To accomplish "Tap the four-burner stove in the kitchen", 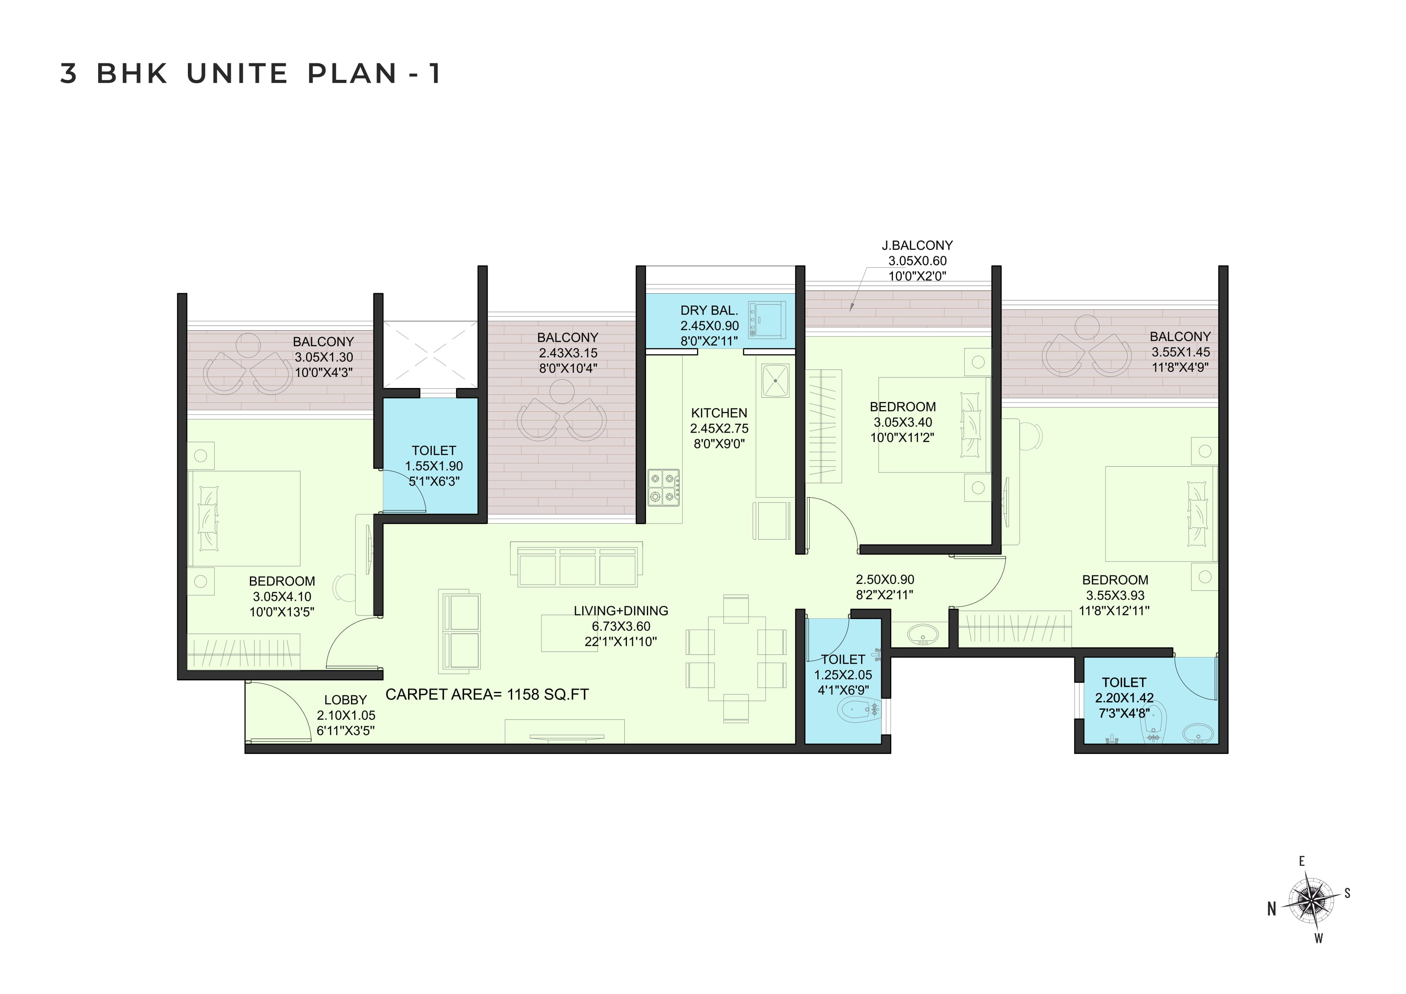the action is tap(664, 487).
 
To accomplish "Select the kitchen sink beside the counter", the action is tap(775, 380).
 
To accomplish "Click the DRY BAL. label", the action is tap(709, 311).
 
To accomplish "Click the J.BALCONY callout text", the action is tap(917, 246).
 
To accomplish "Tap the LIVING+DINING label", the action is tap(621, 611).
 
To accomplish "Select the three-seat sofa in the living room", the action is tap(576, 564).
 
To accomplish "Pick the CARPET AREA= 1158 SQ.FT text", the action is tap(487, 694).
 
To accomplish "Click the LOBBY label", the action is tap(346, 700).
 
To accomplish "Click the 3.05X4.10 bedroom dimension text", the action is tap(282, 597).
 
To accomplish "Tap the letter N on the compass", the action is tap(1272, 909).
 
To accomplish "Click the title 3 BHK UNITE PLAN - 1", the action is tap(250, 74).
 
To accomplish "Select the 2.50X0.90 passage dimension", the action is tap(885, 579).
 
